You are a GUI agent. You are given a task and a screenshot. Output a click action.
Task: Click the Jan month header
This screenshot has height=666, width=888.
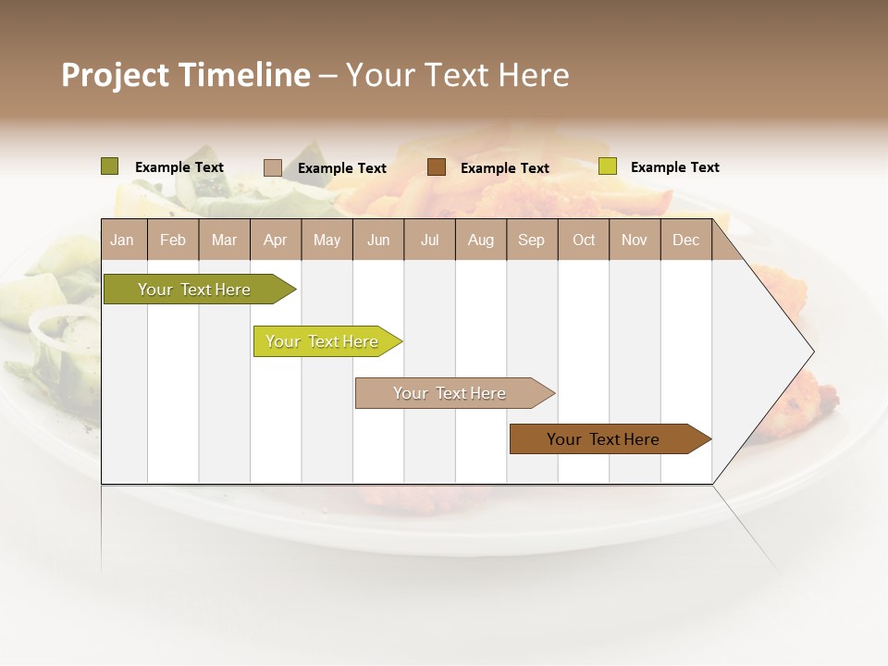(x=122, y=240)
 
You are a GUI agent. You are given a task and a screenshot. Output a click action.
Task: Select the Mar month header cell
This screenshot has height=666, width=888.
(x=224, y=240)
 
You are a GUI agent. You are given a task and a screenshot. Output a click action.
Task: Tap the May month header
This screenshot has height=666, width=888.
(x=327, y=240)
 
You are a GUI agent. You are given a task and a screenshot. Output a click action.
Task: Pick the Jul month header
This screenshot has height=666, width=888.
(x=429, y=240)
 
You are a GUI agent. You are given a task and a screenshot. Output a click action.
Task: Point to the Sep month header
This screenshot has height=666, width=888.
(x=531, y=240)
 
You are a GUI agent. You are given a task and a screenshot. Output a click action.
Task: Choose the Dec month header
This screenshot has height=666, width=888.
(x=685, y=240)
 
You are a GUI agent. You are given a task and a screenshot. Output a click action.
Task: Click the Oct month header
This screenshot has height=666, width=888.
(x=584, y=240)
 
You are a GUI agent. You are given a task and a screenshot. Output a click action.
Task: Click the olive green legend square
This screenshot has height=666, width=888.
(x=109, y=166)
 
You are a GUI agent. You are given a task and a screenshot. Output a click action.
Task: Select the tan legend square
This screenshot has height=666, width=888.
(x=272, y=167)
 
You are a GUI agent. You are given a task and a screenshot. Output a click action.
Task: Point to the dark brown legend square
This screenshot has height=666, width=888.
(x=437, y=167)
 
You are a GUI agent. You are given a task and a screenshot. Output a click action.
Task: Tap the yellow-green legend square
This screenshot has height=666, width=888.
(x=607, y=166)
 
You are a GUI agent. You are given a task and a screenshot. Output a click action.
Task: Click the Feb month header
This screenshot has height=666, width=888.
(x=173, y=240)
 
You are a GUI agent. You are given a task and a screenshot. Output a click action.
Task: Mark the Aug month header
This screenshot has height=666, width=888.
(x=480, y=240)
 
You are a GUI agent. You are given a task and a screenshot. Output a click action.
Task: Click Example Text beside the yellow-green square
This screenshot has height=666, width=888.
(x=674, y=167)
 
